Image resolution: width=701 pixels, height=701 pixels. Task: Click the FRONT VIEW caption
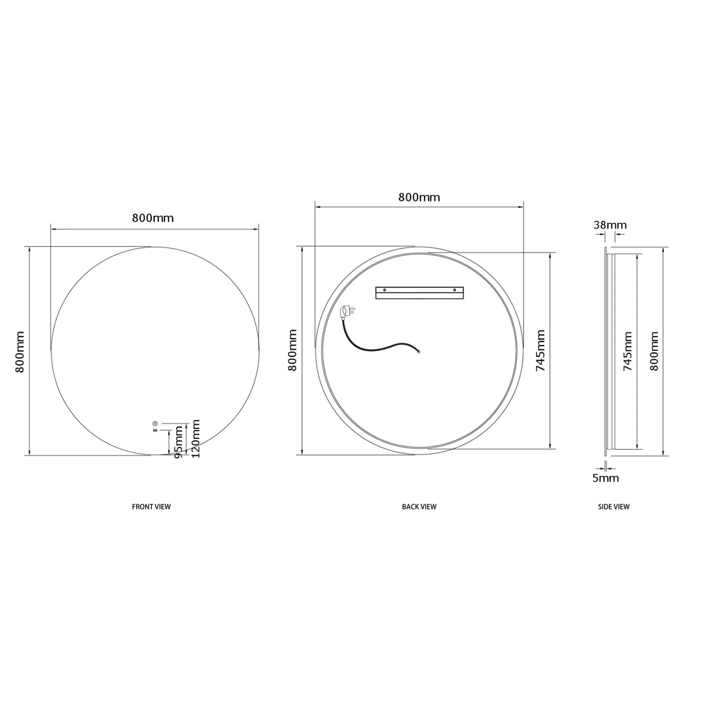[x=151, y=507]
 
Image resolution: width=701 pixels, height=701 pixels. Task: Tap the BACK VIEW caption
[x=419, y=507]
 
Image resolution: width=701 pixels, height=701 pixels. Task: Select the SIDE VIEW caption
[x=613, y=507]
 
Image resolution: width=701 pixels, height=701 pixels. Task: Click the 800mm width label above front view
[x=153, y=218]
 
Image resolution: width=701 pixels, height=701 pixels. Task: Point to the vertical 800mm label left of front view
[x=20, y=352]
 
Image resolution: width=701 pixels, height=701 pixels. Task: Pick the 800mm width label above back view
[x=419, y=197]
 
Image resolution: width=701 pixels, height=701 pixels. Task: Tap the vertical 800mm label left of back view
[x=293, y=350]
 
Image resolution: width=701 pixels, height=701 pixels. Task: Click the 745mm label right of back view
[x=541, y=350]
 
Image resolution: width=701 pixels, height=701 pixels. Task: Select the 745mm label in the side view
[x=627, y=351]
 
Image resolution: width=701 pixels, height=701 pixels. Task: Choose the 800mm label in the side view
[x=654, y=351]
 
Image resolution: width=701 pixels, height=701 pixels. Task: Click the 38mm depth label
[x=610, y=225]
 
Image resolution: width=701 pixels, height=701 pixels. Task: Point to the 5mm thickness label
[x=606, y=478]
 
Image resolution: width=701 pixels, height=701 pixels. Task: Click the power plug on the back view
[x=346, y=313]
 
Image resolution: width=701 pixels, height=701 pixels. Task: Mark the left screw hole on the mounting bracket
[x=384, y=289]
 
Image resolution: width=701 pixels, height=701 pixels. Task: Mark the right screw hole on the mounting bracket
[x=455, y=289]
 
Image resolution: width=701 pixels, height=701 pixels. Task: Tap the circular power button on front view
[x=155, y=423]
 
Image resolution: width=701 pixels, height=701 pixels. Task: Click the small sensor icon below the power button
[x=154, y=430]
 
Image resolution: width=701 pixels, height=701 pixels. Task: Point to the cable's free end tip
[x=419, y=352]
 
